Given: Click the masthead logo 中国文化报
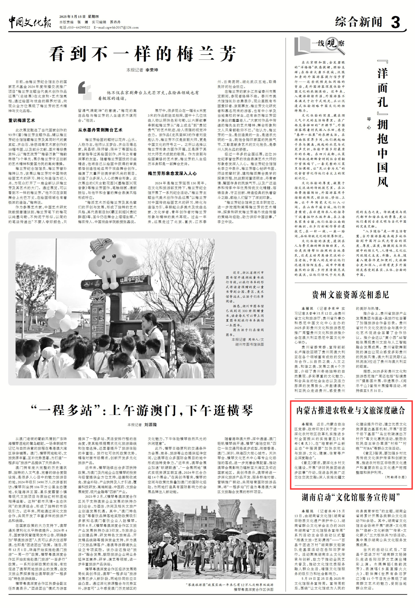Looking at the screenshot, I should click(29, 22).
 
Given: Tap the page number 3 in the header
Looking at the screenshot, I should click(396, 22).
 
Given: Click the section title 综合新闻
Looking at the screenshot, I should click(358, 22).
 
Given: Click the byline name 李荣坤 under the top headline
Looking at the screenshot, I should click(152, 70).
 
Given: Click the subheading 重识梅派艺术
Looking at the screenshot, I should click(22, 120).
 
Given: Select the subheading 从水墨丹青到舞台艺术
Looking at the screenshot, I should click(100, 130).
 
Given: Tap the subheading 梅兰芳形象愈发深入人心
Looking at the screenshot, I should click(172, 173).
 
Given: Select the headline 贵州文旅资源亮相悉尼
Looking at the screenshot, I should click(350, 294).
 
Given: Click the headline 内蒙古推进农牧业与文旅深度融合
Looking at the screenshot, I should click(351, 410).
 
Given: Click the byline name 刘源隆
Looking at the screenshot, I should click(150, 425).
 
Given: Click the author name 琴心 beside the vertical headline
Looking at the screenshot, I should click(369, 123).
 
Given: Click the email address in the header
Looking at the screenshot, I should click(121, 27).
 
